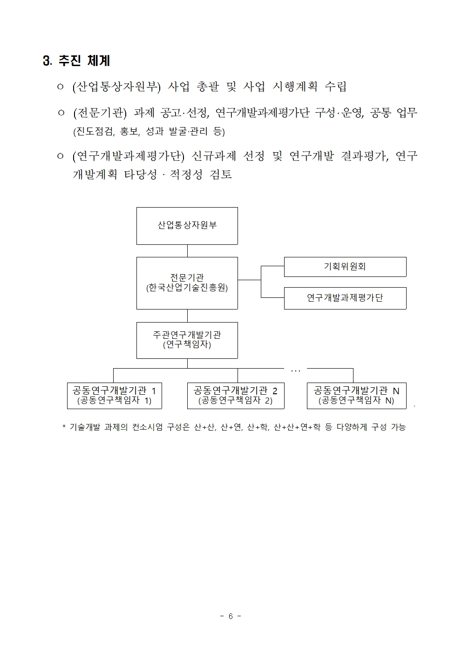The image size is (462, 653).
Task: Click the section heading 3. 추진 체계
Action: [76, 61]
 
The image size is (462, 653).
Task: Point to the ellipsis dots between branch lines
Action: [295, 371]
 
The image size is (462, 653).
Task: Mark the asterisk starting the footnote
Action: [64, 427]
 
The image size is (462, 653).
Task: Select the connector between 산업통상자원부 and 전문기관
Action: [187, 251]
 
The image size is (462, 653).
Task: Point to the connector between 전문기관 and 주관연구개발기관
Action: [187, 316]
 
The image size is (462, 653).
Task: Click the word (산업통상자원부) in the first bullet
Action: [116, 87]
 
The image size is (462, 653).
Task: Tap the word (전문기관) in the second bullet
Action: [100, 113]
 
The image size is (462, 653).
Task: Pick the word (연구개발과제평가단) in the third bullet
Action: [129, 156]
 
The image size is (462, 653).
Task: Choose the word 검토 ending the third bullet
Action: [221, 175]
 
